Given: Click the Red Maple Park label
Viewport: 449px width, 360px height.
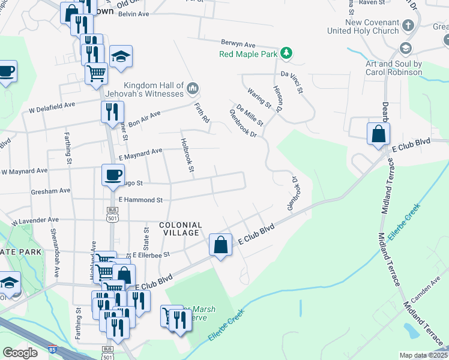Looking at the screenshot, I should [249, 54].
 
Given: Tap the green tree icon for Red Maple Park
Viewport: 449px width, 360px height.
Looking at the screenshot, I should [288, 53].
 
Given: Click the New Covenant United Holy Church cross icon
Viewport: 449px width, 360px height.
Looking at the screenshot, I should [409, 26].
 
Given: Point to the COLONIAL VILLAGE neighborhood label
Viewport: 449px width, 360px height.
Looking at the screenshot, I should [181, 229].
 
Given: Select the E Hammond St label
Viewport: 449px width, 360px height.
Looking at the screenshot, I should [140, 199].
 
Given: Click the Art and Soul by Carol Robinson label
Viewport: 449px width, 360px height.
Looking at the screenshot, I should [393, 68].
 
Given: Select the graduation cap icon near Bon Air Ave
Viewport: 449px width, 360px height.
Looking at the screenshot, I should [121, 56].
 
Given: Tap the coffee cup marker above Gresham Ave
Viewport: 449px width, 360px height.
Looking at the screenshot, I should [112, 175].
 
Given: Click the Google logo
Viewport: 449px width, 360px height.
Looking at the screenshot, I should [20, 353].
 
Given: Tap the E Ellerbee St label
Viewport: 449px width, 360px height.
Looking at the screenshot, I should [151, 254].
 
